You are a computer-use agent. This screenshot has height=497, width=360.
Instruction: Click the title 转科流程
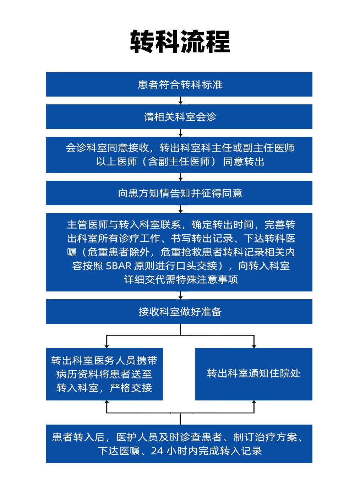click(180, 42)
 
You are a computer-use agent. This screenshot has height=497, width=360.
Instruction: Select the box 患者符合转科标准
click(179, 84)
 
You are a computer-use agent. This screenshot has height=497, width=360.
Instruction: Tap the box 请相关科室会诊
click(179, 116)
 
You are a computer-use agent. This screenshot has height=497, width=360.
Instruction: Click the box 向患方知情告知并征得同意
click(179, 193)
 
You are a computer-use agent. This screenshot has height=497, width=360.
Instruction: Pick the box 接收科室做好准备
click(179, 312)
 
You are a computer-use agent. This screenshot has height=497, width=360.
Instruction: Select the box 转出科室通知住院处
click(254, 374)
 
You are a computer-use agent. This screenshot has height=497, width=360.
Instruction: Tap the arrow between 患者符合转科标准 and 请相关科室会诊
click(180, 100)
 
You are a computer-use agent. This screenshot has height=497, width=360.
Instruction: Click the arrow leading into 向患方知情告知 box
click(180, 177)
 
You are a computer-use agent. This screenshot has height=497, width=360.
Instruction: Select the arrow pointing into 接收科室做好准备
click(180, 295)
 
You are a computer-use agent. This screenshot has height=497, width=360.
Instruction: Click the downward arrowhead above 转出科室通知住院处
click(254, 346)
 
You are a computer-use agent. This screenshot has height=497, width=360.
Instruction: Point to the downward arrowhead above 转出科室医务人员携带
click(107, 346)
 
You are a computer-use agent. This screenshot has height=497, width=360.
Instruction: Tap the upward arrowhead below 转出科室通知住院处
click(254, 402)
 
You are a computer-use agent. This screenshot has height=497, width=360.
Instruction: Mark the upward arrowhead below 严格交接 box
click(107, 402)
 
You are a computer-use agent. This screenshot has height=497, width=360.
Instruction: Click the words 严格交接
click(131, 388)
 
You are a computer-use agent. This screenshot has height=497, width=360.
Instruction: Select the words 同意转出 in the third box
click(244, 162)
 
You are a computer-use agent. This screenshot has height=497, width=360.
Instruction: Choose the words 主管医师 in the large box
click(87, 224)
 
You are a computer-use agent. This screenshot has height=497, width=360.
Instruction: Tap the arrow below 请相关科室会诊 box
click(180, 133)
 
